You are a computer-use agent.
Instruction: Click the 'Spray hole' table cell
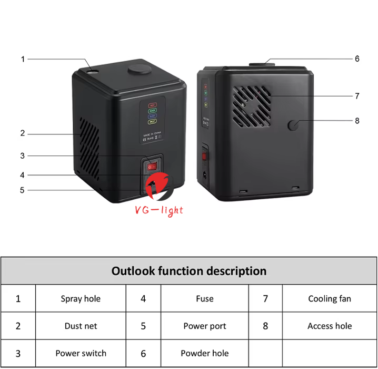[81, 298]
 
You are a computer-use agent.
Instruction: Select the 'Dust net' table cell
[81, 326]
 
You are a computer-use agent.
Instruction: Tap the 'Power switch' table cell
[81, 353]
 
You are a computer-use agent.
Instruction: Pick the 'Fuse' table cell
[204, 298]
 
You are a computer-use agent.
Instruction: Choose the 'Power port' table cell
[204, 326]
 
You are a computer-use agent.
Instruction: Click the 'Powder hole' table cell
[204, 353]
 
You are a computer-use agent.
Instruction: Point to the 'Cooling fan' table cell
[330, 298]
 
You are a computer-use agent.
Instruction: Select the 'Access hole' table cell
[330, 326]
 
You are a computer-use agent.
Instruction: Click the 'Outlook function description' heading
[189, 271]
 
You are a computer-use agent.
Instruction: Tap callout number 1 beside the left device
[23, 59]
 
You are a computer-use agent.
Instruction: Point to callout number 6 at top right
[357, 59]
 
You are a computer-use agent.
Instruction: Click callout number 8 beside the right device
[357, 120]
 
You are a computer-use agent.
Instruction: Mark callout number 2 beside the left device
[23, 133]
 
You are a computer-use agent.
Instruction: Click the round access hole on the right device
[293, 125]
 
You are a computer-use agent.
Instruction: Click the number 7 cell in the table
[265, 298]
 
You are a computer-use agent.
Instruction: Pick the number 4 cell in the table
[143, 298]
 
